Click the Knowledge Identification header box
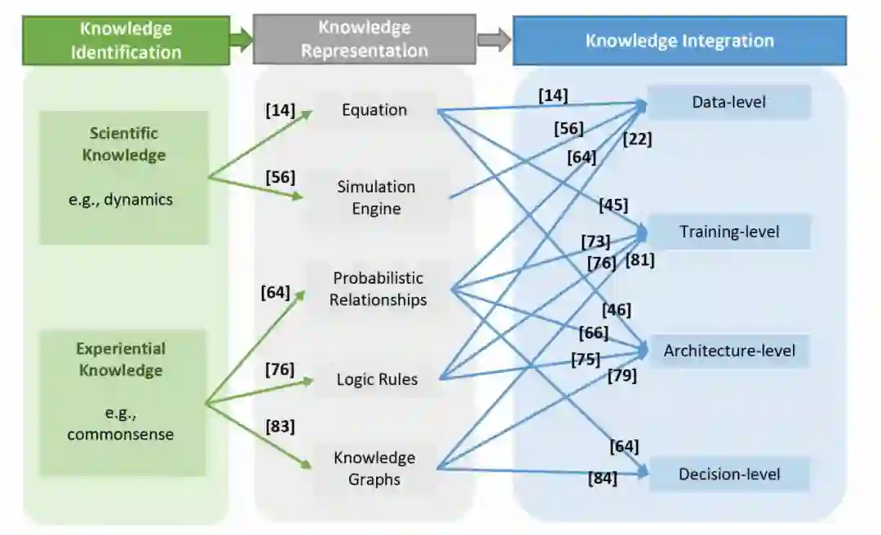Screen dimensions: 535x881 pos(126,41)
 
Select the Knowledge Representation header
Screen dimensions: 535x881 pos(364,39)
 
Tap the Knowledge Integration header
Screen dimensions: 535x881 pos(679,41)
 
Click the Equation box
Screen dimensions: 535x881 pos(374,110)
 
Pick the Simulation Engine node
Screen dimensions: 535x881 pos(376,197)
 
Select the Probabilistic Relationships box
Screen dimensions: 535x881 pos(378,289)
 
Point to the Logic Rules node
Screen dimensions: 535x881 pos(377,379)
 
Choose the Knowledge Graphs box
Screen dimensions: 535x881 pos(374,468)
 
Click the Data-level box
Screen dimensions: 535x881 pos(728,103)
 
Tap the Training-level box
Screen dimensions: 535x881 pos(728,232)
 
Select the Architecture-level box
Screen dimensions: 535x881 pos(728,352)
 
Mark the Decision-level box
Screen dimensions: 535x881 pos(728,475)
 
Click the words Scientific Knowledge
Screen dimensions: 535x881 pos(124,144)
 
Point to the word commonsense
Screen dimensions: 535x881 pos(120,435)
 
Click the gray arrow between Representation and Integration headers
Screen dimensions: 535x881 pos(494,40)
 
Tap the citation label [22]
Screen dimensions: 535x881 pos(636,139)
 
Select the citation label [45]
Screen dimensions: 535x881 pos(613,205)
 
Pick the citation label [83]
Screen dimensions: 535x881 pos(280,427)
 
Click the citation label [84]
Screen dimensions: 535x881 pos(602,479)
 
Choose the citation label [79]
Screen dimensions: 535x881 pos(622,376)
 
